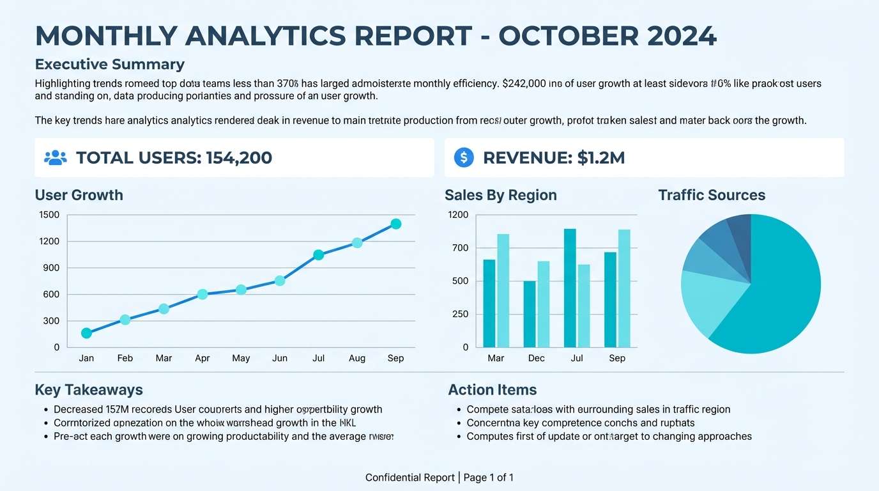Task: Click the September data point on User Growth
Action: click(x=395, y=224)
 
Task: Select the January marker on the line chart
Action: click(x=86, y=333)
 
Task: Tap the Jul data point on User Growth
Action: click(x=318, y=255)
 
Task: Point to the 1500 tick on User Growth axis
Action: click(x=49, y=215)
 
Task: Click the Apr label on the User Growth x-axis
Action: click(x=203, y=358)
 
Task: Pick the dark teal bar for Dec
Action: click(x=530, y=314)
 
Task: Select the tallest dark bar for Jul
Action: click(x=570, y=288)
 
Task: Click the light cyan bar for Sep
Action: click(x=624, y=288)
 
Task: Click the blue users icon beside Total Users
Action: click(x=56, y=158)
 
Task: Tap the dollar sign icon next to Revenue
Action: click(x=464, y=158)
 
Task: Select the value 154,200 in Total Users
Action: click(x=239, y=158)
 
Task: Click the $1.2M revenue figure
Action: click(x=600, y=158)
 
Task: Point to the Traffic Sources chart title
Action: click(x=712, y=195)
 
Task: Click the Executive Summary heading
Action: click(x=109, y=64)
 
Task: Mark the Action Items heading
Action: click(x=492, y=389)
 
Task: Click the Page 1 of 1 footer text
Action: click(x=489, y=478)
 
